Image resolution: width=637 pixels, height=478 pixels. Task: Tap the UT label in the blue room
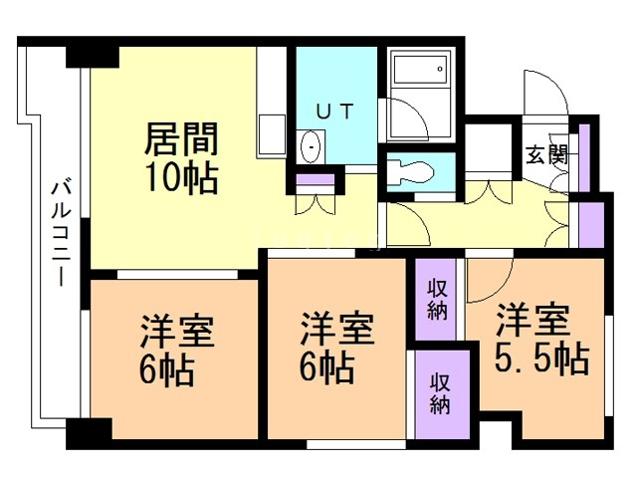tap(332, 113)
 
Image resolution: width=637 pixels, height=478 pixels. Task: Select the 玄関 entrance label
tap(546, 154)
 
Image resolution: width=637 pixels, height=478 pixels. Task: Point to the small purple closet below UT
tap(317, 180)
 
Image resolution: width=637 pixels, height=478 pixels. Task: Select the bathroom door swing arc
tap(408, 119)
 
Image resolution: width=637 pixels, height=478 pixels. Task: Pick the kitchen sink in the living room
tap(271, 130)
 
